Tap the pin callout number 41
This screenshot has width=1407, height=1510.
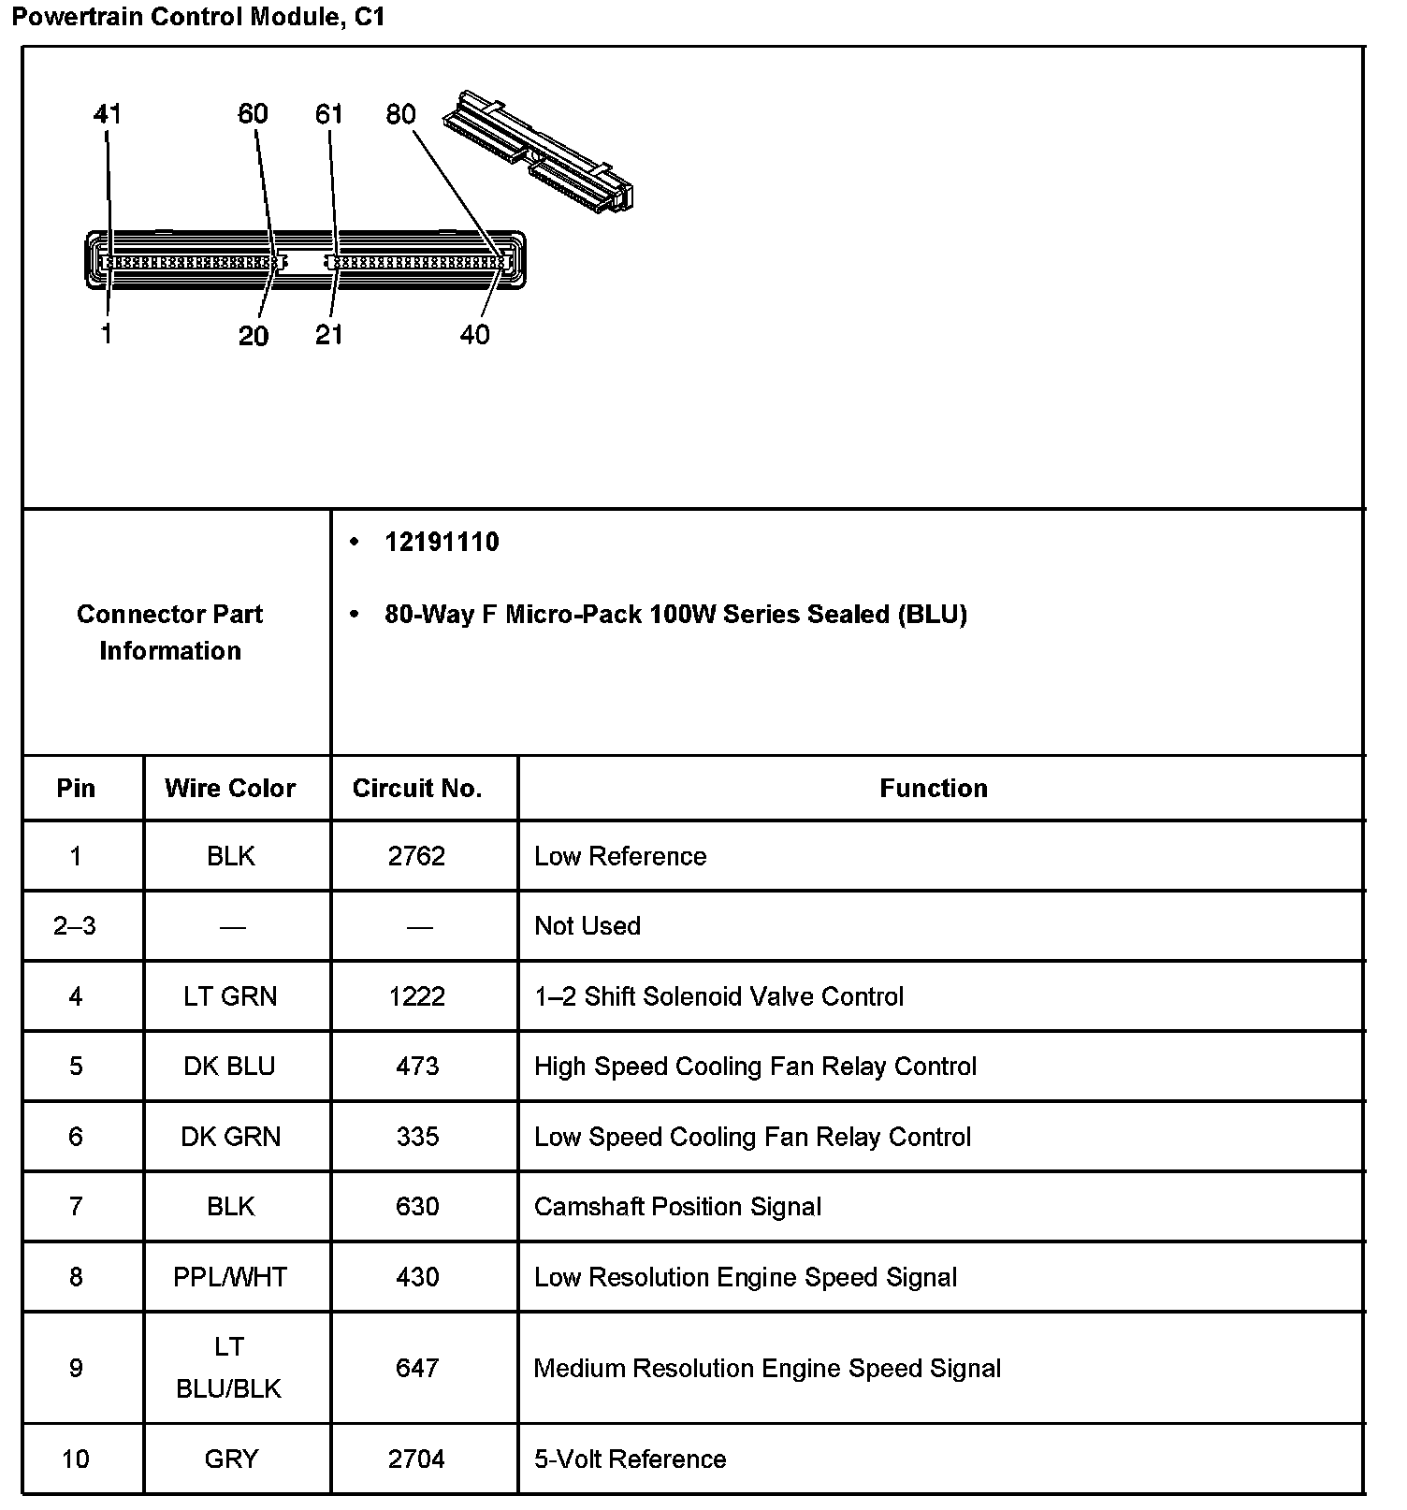coord(108,114)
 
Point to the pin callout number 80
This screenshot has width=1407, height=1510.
coord(400,114)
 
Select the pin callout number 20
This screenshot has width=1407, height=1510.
coord(254,336)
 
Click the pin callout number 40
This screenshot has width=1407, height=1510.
coord(474,334)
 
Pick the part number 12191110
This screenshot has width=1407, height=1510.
coord(442,543)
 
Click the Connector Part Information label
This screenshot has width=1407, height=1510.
coord(170,632)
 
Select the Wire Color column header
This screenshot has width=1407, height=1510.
coord(230,789)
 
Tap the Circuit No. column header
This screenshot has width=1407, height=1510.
coord(417,789)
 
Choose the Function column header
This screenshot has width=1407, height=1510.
coord(934,789)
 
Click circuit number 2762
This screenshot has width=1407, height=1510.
coord(417,856)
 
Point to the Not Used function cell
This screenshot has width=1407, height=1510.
coord(587,926)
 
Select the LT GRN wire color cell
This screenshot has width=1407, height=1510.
coord(230,996)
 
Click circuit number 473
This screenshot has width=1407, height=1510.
coord(417,1067)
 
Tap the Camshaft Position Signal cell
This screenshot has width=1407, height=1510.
coord(677,1207)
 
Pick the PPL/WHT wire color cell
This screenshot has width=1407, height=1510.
coord(230,1277)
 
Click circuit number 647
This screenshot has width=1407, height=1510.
coord(417,1369)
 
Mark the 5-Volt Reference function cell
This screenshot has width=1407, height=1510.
coord(630,1459)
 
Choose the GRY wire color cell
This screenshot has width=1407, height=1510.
coord(230,1459)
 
